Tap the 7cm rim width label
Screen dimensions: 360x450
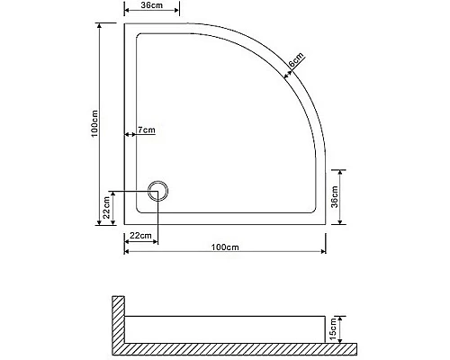[147, 131]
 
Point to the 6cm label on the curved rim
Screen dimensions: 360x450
[295, 63]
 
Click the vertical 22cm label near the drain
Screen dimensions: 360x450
[106, 211]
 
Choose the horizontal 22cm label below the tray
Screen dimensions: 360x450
[139, 235]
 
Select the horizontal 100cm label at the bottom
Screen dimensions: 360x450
[224, 247]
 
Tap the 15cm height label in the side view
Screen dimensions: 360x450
[335, 328]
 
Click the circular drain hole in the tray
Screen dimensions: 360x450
[157, 191]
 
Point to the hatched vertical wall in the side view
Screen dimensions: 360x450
[117, 321]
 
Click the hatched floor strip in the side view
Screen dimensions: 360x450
[234, 348]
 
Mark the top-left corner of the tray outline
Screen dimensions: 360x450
[124, 24]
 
